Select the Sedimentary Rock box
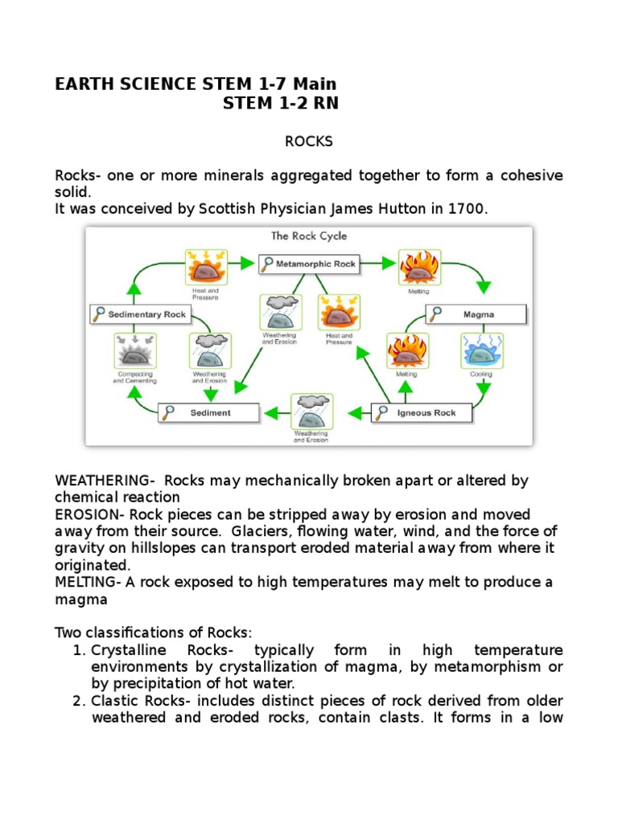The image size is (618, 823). (x=140, y=314)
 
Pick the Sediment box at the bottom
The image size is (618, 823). (x=208, y=413)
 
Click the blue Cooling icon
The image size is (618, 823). (x=481, y=350)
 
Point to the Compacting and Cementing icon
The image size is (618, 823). (x=135, y=351)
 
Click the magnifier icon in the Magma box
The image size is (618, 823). (x=435, y=314)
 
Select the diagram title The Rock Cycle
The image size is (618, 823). (x=309, y=236)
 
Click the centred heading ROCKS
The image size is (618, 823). (x=308, y=141)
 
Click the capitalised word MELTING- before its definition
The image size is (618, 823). (x=88, y=582)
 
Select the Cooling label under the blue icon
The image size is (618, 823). (x=481, y=375)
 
